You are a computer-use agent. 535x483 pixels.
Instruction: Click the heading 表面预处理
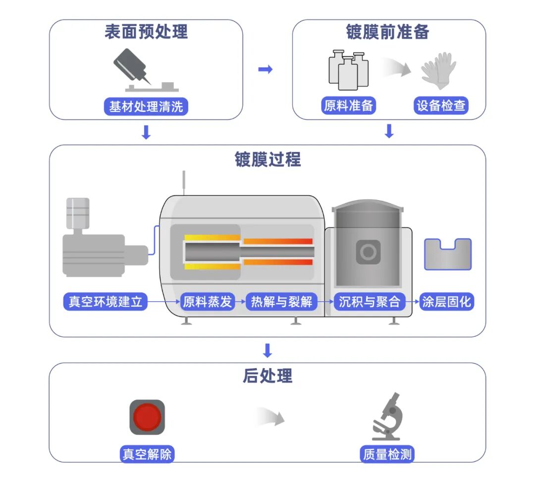coord(146,32)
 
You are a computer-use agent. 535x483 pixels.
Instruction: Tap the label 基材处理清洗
coord(146,107)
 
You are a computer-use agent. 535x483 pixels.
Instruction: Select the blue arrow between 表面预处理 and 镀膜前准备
coord(266,69)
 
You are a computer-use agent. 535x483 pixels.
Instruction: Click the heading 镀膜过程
coord(267,160)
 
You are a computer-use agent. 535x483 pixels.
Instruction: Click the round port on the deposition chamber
coord(368,252)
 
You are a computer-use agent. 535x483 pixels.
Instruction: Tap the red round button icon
coord(147,417)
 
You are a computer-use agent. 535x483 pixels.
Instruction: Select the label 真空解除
coord(147,454)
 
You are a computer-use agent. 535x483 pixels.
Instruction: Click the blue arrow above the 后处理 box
coord(267,350)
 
